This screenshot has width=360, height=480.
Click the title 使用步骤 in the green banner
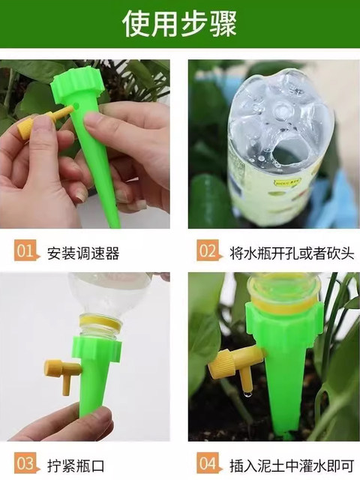[x=180, y=24]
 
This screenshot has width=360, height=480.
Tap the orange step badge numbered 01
[x=26, y=250]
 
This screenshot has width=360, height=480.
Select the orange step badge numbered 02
[x=208, y=250]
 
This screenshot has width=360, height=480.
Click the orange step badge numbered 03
[x=26, y=463]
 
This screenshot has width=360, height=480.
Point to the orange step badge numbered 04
[x=208, y=463]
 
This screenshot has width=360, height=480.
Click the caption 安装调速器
[x=83, y=253]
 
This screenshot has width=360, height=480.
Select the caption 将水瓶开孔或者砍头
[x=292, y=253]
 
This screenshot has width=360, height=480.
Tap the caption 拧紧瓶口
[x=76, y=466]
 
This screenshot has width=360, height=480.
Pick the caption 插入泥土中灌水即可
[x=292, y=466]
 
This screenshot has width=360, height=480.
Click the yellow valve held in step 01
[x=40, y=124]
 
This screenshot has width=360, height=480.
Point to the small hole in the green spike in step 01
[x=76, y=106]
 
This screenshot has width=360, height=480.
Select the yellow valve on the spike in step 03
[x=63, y=373]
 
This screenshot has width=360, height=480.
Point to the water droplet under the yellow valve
[x=247, y=393]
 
